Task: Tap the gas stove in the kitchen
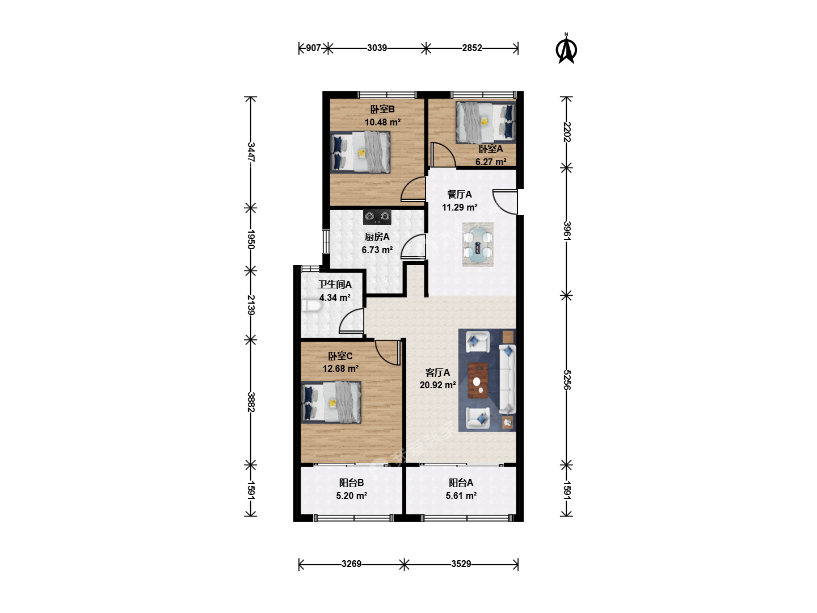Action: tap(377, 217)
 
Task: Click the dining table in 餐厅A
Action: tap(478, 245)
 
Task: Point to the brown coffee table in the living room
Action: tap(478, 380)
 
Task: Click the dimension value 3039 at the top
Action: tap(377, 48)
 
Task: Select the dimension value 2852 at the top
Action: tap(472, 48)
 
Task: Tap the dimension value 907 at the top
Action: tap(313, 48)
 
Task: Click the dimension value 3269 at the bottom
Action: tap(351, 564)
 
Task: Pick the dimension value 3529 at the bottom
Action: tap(461, 564)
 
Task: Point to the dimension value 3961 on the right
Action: tap(566, 231)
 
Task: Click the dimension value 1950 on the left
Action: tap(251, 240)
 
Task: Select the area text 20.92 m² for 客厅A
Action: tap(437, 385)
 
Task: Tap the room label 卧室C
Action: tap(340, 356)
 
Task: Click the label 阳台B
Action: tap(351, 482)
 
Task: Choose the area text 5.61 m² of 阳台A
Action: tap(461, 496)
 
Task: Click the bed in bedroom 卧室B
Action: tap(360, 153)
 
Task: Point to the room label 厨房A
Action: tap(377, 237)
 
